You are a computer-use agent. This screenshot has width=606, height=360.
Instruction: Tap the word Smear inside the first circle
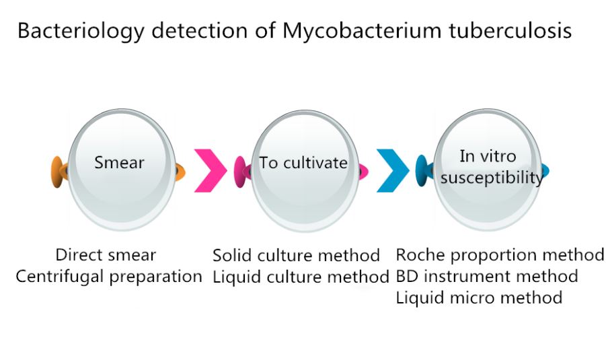119,162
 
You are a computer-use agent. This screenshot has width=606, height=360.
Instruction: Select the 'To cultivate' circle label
303,163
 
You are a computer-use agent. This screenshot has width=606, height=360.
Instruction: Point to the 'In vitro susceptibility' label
491,167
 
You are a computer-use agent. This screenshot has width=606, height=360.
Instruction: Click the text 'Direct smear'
106,255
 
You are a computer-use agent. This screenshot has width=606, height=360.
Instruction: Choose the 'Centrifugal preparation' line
109,277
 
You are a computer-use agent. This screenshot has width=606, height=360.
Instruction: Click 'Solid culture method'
297,256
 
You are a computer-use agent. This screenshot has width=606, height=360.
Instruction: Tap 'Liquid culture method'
301,277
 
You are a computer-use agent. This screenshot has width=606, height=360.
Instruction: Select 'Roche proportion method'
500,255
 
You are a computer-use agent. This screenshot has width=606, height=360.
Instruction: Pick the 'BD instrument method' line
487,277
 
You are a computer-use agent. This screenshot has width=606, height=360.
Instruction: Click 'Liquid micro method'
480,298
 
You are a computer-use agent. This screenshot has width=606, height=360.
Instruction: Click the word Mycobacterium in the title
361,31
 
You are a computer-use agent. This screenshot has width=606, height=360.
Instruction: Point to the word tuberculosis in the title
510,30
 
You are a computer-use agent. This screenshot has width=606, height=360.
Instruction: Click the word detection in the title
200,30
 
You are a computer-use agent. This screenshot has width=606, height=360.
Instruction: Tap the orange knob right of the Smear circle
180,172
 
